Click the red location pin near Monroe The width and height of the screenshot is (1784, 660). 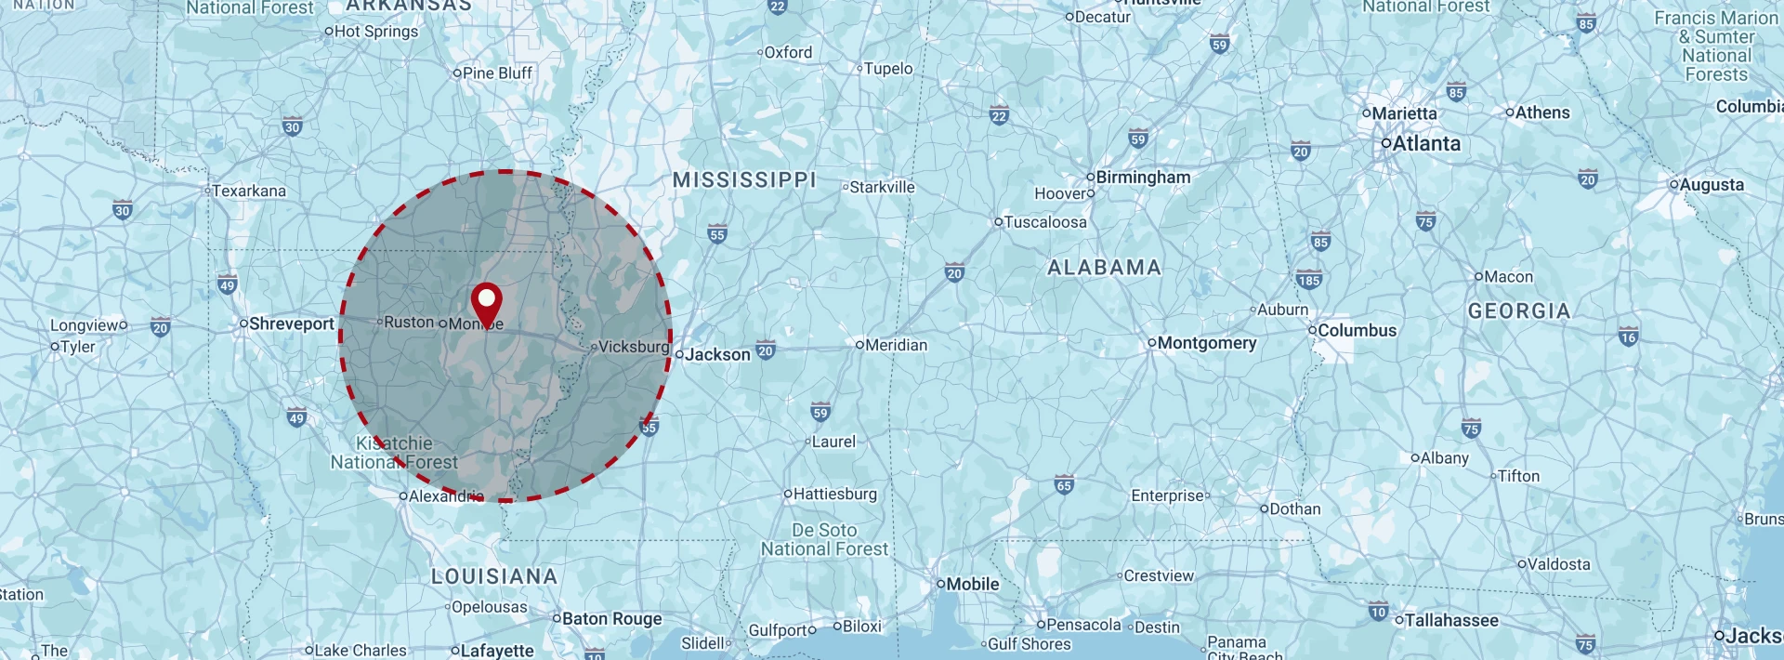pyautogui.click(x=486, y=304)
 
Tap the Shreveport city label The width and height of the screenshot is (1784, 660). pyautogui.click(x=291, y=323)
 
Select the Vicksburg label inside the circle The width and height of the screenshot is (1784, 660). pyautogui.click(x=634, y=347)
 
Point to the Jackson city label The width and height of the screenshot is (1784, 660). pyautogui.click(x=717, y=354)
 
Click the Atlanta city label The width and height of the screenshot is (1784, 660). pyautogui.click(x=1426, y=143)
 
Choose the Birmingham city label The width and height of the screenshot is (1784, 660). pyautogui.click(x=1143, y=177)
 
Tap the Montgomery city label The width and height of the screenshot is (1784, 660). pyautogui.click(x=1206, y=343)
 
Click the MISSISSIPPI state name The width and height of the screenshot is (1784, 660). pyautogui.click(x=744, y=179)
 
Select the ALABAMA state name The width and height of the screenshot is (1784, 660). pyautogui.click(x=1104, y=268)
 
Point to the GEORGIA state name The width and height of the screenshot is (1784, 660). pyautogui.click(x=1519, y=310)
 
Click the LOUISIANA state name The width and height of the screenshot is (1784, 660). pyautogui.click(x=494, y=576)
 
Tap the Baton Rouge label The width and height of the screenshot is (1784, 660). pyautogui.click(x=611, y=619)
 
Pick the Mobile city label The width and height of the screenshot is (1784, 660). pyautogui.click(x=972, y=584)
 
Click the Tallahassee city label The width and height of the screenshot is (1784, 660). pyautogui.click(x=1451, y=620)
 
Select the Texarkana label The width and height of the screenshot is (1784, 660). pyautogui.click(x=249, y=191)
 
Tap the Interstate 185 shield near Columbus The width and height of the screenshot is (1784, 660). pyautogui.click(x=1309, y=280)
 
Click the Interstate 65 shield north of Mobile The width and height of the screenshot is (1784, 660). pyautogui.click(x=1064, y=484)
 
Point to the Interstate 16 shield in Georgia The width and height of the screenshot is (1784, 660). pyautogui.click(x=1628, y=337)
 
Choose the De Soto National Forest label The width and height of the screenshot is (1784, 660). pyautogui.click(x=824, y=539)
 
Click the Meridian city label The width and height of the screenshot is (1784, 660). pyautogui.click(x=896, y=345)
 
